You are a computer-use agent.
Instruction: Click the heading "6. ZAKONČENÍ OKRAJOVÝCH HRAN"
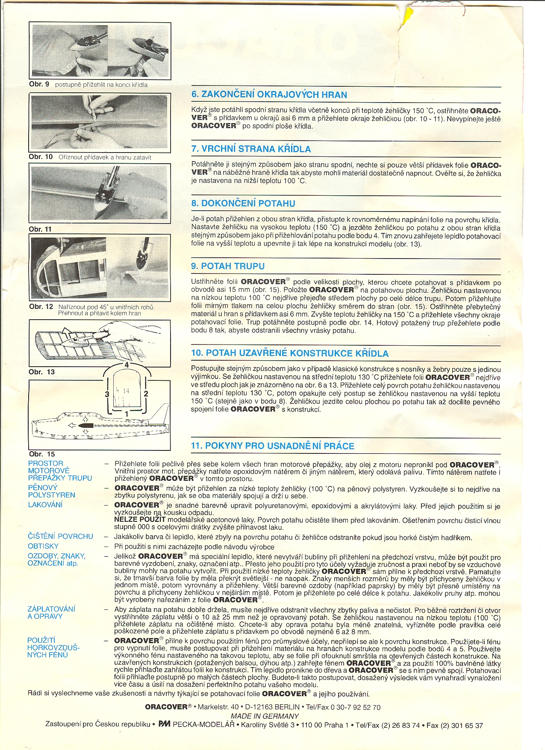click(x=269, y=95)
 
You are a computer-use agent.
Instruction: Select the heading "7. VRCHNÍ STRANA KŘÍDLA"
click(x=251, y=149)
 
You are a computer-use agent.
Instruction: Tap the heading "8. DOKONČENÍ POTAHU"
click(x=243, y=203)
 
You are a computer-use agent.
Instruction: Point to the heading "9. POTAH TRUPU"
click(x=228, y=266)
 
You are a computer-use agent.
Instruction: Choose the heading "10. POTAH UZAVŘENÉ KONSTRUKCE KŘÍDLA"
click(x=290, y=353)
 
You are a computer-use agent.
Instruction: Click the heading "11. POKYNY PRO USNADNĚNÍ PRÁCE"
click(x=272, y=446)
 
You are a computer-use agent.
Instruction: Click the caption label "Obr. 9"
click(x=39, y=84)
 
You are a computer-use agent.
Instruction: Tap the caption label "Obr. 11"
click(x=40, y=229)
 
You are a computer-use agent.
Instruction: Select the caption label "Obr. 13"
click(x=42, y=372)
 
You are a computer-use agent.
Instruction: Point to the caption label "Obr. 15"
click(x=42, y=454)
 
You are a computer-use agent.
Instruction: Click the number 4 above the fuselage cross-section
click(x=127, y=365)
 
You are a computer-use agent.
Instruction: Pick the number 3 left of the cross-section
click(x=107, y=394)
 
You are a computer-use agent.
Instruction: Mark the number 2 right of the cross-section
click(x=146, y=394)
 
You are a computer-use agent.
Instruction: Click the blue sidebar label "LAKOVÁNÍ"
click(x=45, y=505)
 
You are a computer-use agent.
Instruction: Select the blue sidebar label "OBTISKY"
click(x=43, y=546)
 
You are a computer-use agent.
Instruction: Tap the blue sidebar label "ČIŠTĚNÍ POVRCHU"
click(x=60, y=536)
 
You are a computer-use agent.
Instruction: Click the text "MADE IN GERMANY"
click(x=265, y=716)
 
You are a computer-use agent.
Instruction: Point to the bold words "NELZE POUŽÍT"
click(x=140, y=519)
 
